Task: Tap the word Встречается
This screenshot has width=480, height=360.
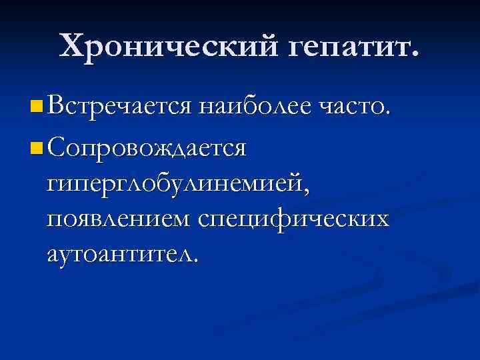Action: (x=121, y=105)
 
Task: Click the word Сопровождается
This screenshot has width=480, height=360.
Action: (x=147, y=147)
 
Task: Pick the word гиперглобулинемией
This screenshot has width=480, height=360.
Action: (x=175, y=183)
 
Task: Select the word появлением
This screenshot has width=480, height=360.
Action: (x=119, y=218)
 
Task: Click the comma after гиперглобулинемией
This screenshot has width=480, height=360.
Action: (x=307, y=190)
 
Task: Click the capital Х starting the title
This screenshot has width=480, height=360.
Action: (x=71, y=45)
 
